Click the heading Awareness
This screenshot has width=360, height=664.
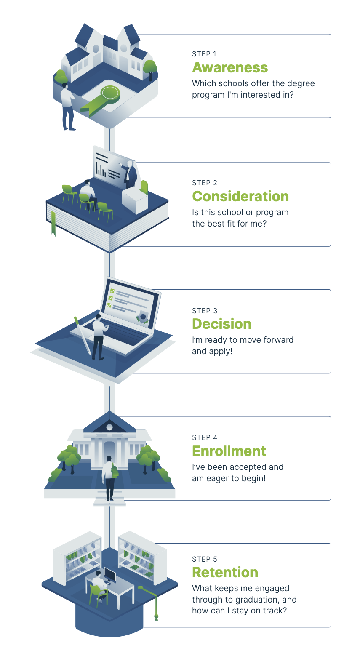point(230,68)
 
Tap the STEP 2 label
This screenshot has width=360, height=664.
point(205,183)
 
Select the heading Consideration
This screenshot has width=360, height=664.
point(240,196)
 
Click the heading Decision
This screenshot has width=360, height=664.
point(222,324)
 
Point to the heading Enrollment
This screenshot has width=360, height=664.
point(229,451)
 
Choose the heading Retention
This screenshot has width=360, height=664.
point(225,572)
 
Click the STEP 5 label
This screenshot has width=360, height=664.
point(205,559)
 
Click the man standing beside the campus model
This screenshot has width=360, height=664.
point(68,107)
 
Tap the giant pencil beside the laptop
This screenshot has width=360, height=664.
point(83,336)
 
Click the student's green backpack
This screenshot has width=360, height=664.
point(115,470)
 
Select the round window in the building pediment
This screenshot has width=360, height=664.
point(109,427)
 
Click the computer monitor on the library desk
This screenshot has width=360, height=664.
point(110,575)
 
